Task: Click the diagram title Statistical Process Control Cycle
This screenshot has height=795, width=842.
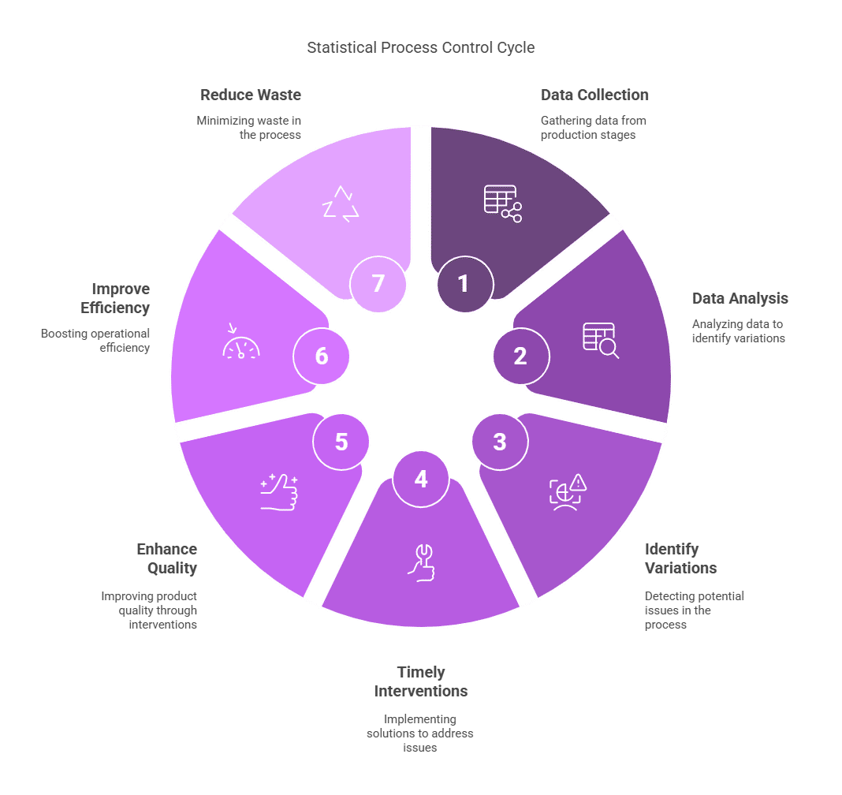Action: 421,48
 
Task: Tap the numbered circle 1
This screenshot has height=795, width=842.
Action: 464,283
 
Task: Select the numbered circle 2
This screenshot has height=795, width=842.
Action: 520,356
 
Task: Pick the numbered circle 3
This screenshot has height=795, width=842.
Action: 500,442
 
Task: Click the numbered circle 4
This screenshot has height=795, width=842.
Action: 421,479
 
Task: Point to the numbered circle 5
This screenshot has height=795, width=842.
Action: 341,442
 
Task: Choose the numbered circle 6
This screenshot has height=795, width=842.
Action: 322,356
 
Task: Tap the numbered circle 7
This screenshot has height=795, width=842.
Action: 378,283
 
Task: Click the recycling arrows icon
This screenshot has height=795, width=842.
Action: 341,203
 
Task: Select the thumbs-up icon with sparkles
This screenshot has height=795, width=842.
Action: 279,492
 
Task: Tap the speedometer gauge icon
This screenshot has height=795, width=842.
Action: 240,344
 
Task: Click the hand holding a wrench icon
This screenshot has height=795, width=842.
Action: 421,562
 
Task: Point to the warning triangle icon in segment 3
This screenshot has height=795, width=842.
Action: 579,482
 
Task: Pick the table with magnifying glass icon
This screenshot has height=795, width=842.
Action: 601,341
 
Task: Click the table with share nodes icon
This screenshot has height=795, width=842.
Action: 502,203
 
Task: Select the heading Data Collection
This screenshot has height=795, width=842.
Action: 594,95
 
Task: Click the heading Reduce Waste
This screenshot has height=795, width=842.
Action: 251,95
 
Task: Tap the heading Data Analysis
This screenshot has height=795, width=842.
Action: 740,298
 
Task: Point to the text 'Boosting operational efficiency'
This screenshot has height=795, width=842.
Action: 95,340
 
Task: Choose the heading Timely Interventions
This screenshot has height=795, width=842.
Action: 421,681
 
